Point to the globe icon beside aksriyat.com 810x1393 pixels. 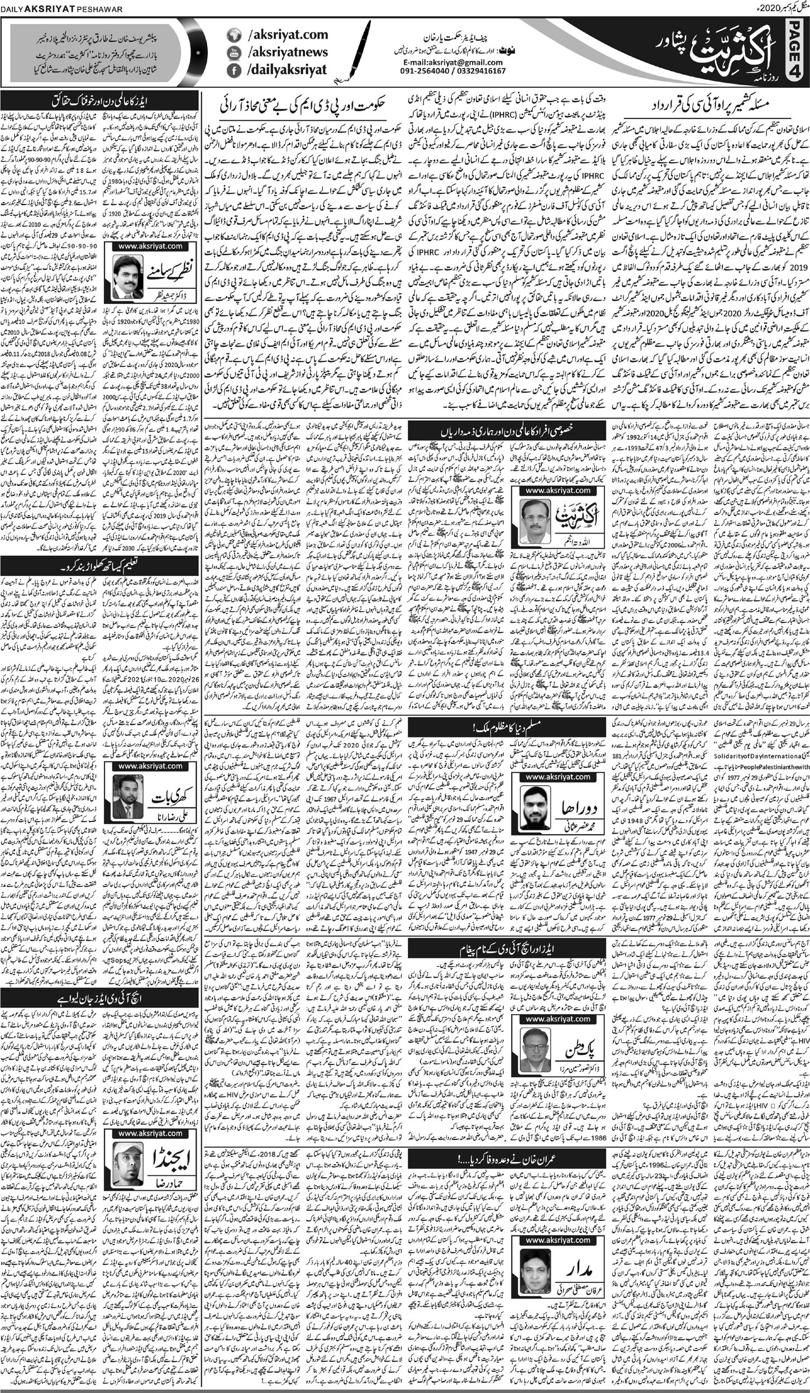[x=234, y=35]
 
